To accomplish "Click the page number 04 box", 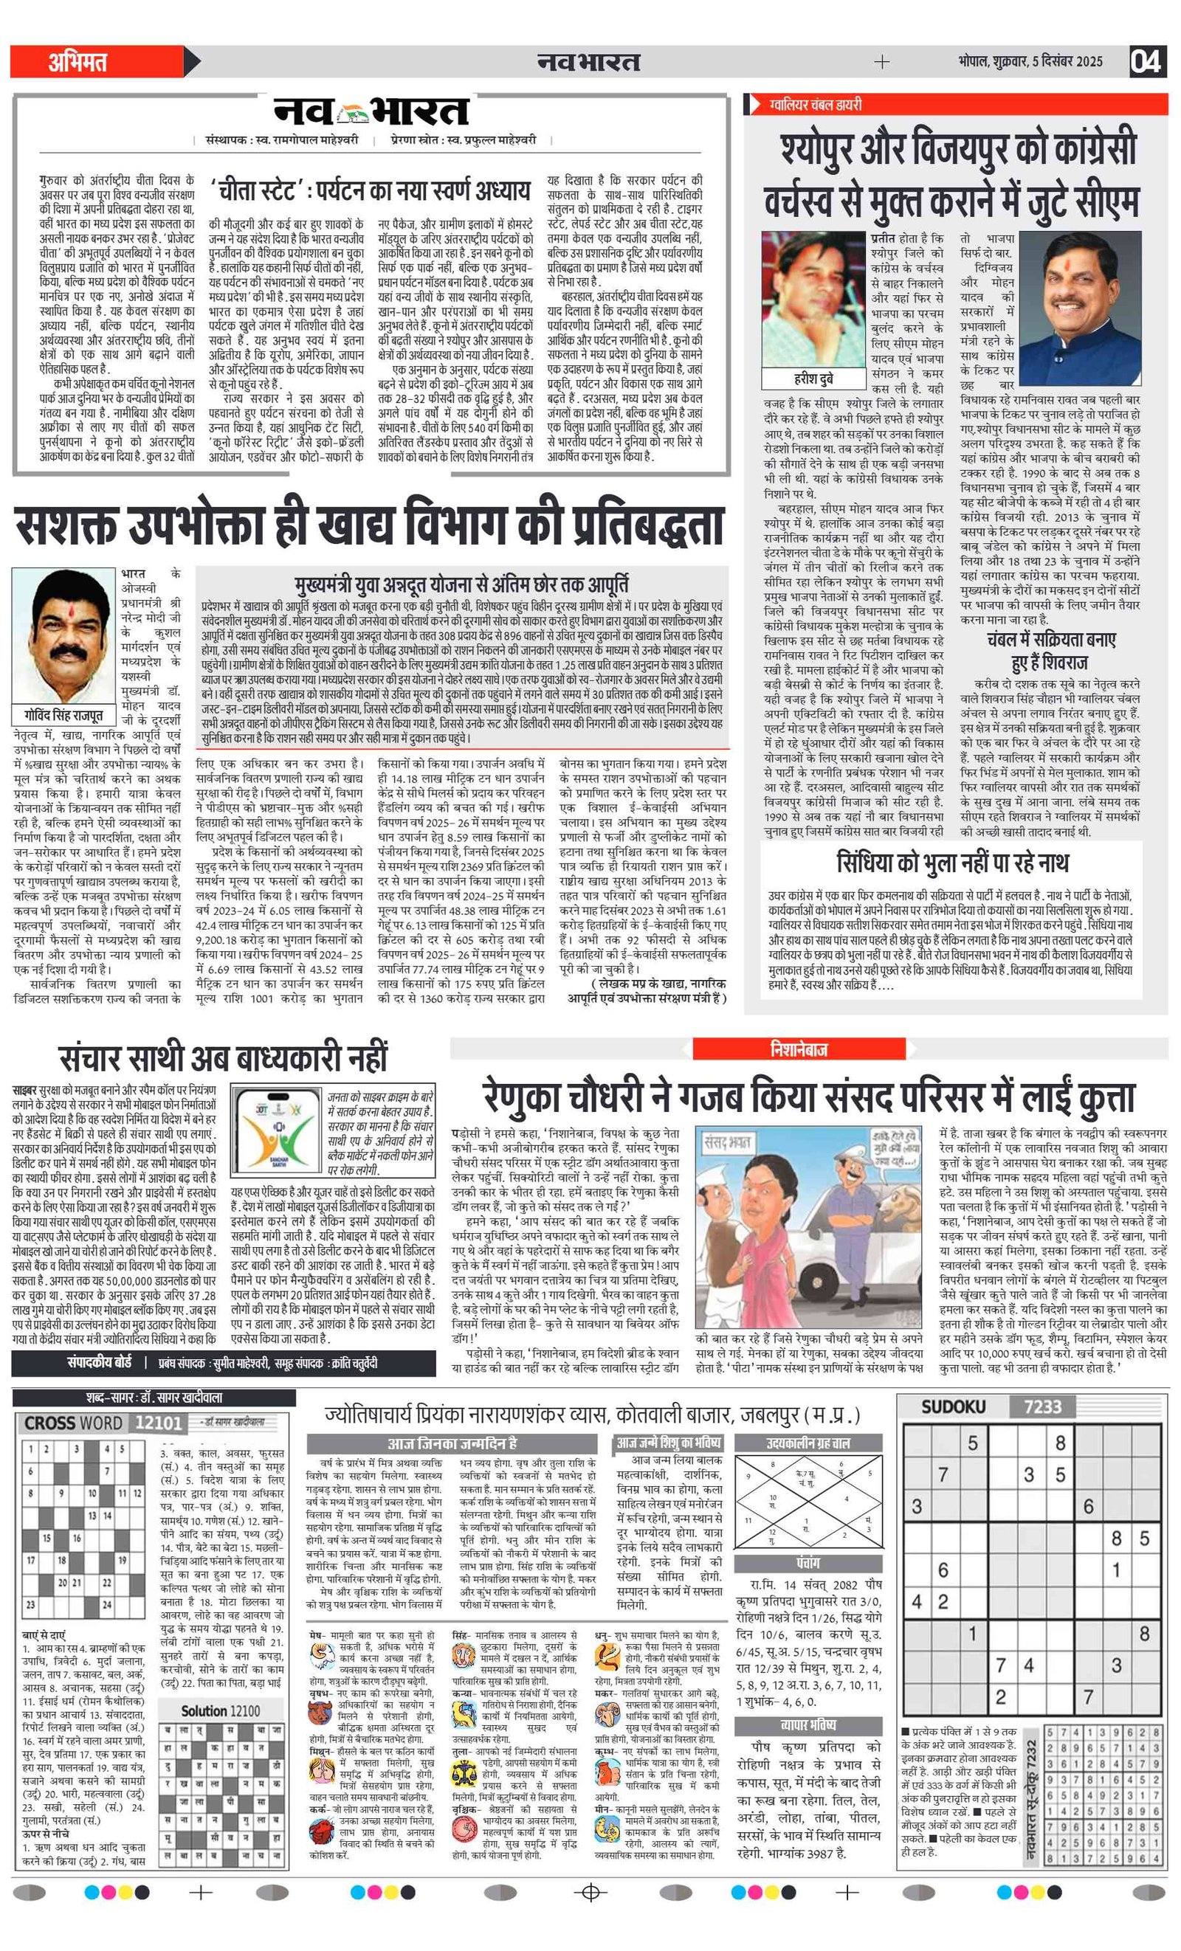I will click(1146, 61).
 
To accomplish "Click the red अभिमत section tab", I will click(78, 62).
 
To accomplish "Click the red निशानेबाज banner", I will click(799, 1049).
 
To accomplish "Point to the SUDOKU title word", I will click(953, 1407).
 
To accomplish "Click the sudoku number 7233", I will click(1042, 1407).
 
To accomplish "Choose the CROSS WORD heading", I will click(74, 1423).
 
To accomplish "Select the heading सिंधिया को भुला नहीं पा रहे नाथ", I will click(952, 863).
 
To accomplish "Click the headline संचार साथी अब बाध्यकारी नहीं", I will click(224, 1058).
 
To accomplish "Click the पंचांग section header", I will click(808, 1563).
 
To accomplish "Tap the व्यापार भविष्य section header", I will click(808, 1725).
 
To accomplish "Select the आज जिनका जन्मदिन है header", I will click(452, 1443).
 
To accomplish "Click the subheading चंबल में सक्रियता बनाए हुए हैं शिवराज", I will click(1050, 651).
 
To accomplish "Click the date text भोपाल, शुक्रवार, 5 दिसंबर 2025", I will click(1030, 61).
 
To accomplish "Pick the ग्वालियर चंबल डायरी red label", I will click(816, 105).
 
